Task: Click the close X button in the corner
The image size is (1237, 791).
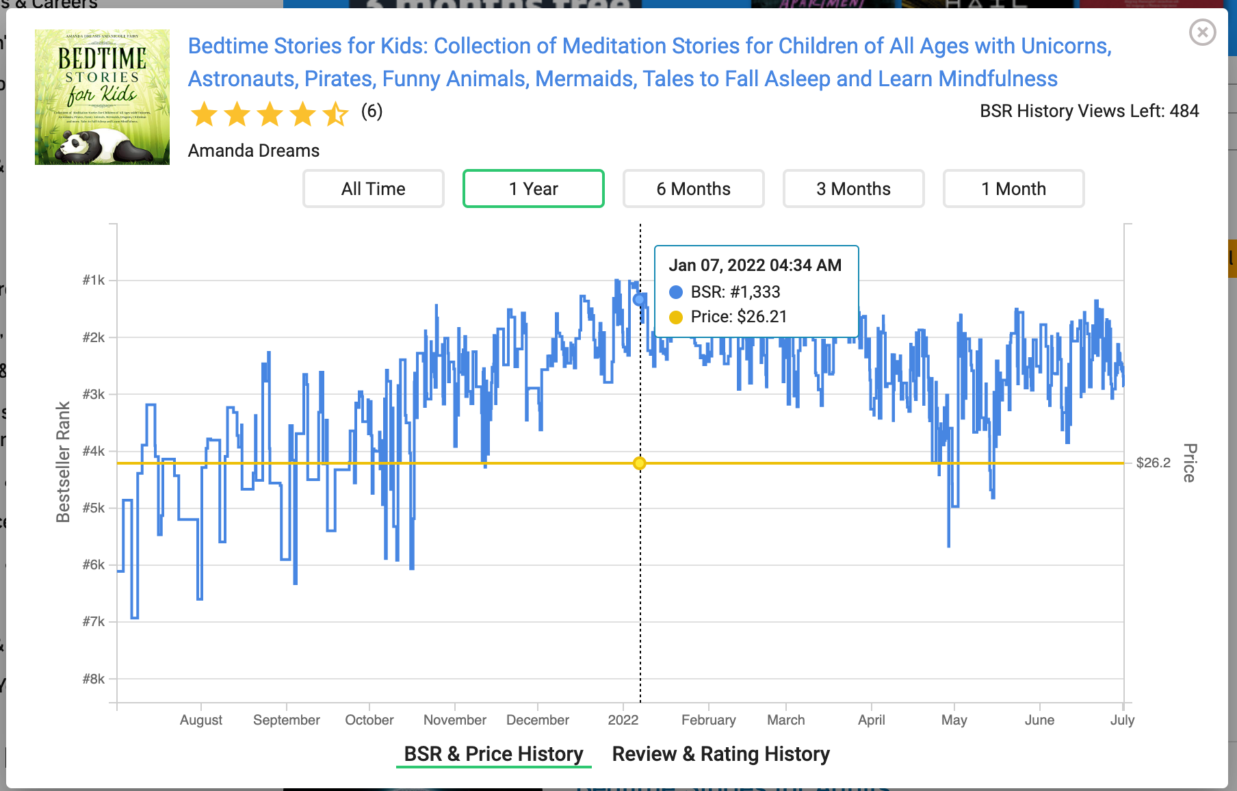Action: coord(1202,32)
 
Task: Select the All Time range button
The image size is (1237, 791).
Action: coord(374,189)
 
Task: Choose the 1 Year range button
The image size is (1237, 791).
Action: coord(534,189)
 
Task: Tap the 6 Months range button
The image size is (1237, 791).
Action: coord(693,189)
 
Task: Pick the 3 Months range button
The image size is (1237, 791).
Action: coord(853,189)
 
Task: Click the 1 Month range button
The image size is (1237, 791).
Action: coord(1013,189)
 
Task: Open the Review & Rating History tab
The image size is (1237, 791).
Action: coord(720,754)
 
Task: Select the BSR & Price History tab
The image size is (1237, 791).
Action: coord(493,754)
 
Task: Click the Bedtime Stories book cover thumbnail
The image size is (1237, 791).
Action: coord(102,97)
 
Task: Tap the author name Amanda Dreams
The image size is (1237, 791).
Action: coord(254,151)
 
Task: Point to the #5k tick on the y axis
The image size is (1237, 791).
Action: coord(94,508)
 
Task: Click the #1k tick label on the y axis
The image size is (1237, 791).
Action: coord(94,280)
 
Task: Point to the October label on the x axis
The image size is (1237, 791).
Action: coord(369,720)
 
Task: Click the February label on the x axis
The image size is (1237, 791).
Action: coord(708,720)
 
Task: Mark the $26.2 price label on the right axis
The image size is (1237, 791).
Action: coord(1153,463)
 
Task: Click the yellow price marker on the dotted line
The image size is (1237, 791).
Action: coord(640,463)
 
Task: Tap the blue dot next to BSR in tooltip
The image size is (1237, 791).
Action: coord(676,292)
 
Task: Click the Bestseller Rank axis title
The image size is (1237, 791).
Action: coord(63,462)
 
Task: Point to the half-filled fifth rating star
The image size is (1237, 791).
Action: coord(335,114)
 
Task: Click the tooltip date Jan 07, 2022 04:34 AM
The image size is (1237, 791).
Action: coord(755,265)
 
